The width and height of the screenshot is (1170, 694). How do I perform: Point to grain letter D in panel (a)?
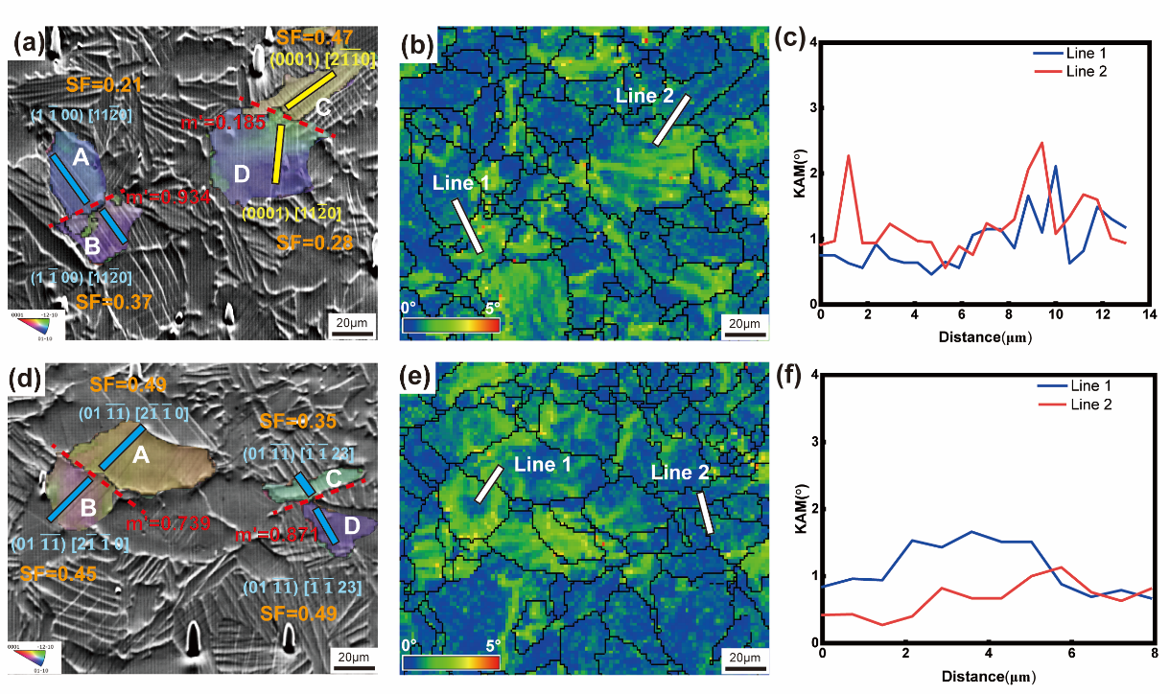[241, 173]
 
